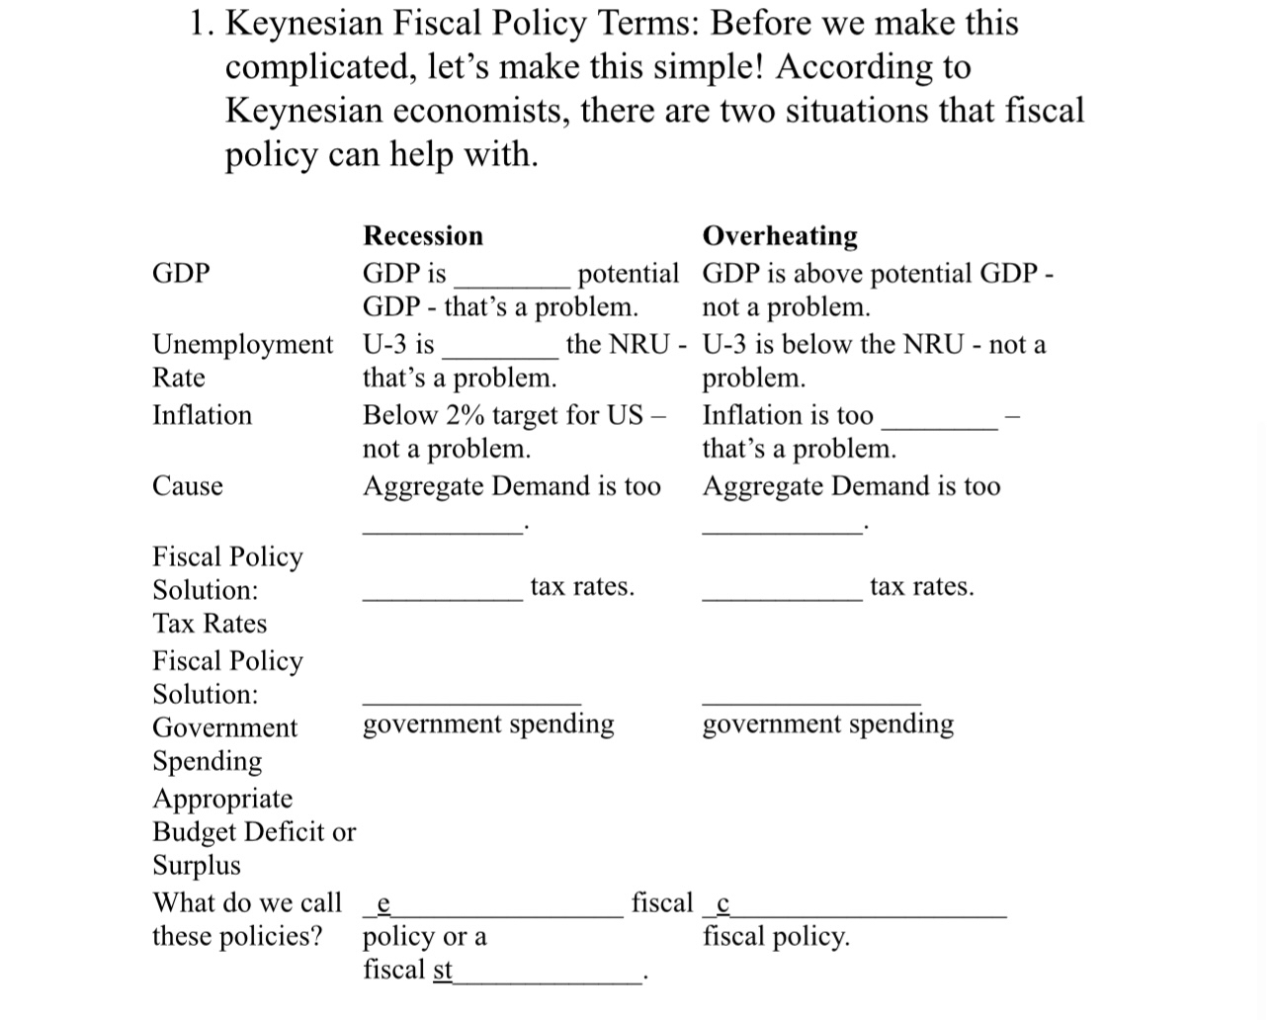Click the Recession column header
coord(423,235)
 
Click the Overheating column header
coord(780,235)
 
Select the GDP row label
coord(181,273)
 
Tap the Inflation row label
coord(202,415)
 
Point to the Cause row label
coord(188,486)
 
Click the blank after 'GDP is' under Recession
coord(510,277)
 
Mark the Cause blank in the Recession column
coord(442,526)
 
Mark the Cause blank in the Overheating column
coord(782,526)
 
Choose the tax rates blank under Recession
coord(442,592)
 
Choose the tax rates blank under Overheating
coord(782,592)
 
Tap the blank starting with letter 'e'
coord(494,909)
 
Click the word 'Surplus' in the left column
coord(196,866)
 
